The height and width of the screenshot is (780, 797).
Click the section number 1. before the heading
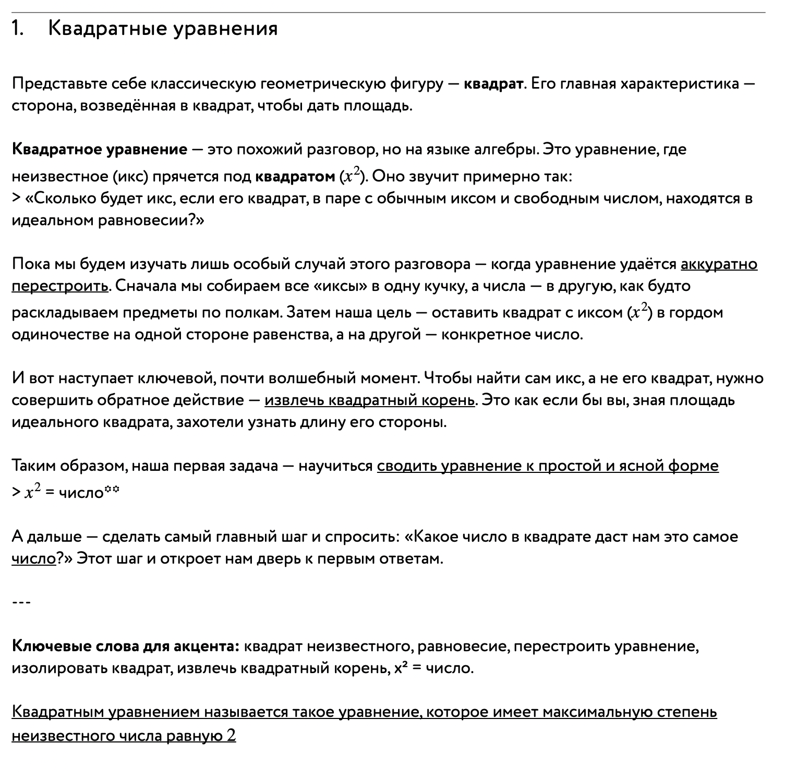[18, 29]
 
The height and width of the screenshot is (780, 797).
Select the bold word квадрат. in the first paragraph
[493, 84]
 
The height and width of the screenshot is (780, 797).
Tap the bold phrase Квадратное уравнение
[100, 150]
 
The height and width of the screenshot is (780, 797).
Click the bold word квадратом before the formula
[295, 177]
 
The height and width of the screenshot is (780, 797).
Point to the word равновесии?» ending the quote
[152, 221]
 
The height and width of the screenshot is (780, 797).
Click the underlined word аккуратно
[719, 264]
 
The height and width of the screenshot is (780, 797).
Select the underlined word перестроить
[60, 286]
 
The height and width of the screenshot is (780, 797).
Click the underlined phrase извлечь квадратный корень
[369, 400]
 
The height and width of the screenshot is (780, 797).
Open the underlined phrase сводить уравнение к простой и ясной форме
[548, 466]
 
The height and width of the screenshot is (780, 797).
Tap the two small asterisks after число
[112, 489]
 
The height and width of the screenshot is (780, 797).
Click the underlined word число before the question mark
[33, 559]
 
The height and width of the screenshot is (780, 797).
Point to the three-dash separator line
[21, 603]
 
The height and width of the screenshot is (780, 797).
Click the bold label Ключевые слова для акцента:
[126, 647]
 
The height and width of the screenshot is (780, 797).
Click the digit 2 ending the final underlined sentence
[231, 736]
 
